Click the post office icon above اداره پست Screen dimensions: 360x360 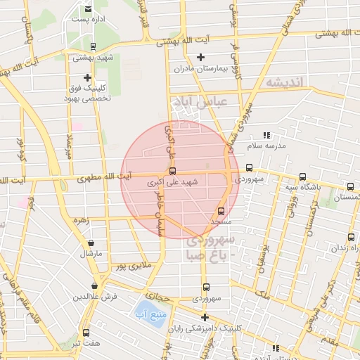point(87,8)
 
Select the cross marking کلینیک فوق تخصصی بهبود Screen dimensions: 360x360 point(88,77)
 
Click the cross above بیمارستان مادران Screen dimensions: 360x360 point(201,57)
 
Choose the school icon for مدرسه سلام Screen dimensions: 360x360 point(266,135)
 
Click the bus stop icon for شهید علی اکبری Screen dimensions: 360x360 point(172,171)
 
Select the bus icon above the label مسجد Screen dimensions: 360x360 point(221,210)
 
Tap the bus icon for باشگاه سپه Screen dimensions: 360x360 point(303,177)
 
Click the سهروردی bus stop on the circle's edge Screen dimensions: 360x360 point(249,168)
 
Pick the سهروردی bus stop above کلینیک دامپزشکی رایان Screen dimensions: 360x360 point(206,287)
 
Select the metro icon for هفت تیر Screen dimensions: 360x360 point(86,333)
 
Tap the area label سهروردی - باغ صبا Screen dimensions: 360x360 point(210,248)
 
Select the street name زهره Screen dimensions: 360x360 point(83,220)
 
